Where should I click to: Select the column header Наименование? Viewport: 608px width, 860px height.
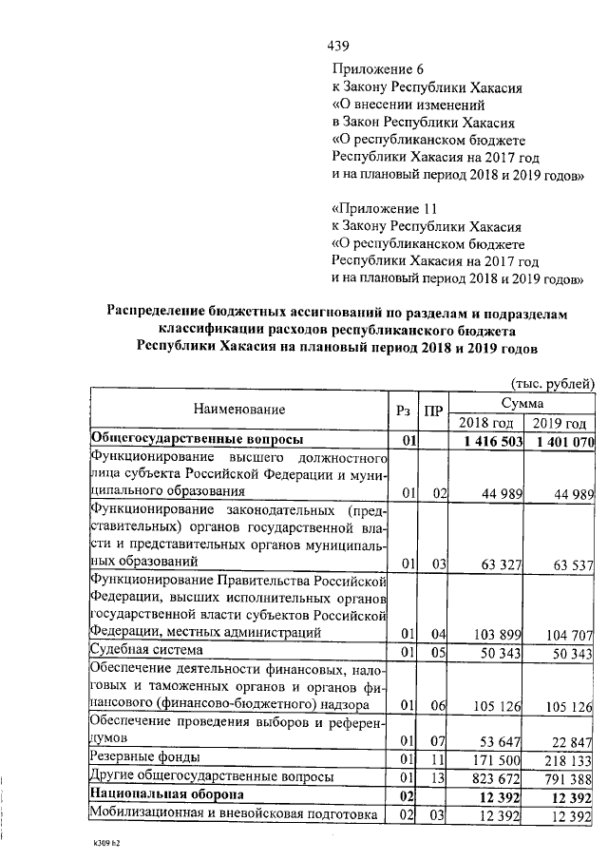[239, 410]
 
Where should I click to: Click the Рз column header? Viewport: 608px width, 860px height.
[404, 410]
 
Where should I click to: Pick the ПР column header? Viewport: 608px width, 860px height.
[433, 410]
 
